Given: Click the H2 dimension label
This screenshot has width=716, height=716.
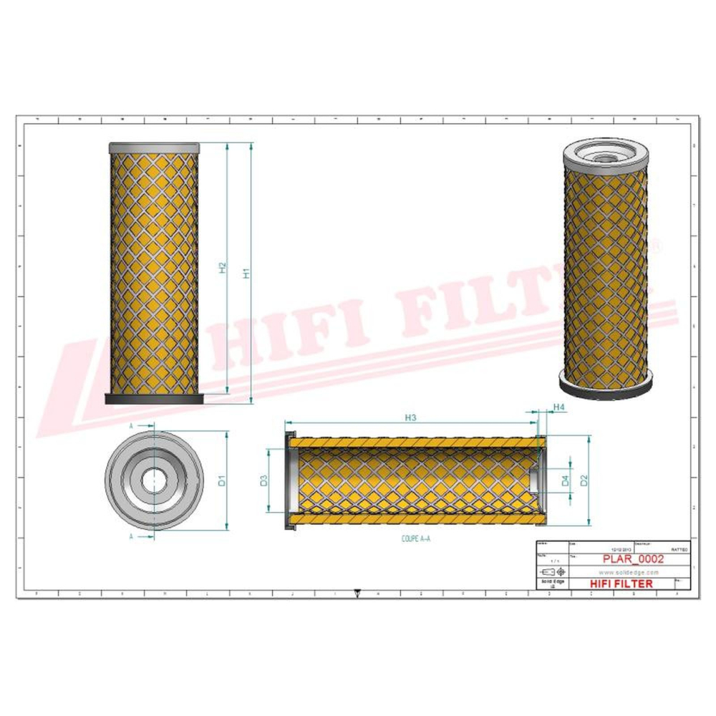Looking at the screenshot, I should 223,267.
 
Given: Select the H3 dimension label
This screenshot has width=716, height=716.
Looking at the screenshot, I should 411,417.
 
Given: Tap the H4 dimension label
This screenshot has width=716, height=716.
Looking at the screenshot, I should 560,407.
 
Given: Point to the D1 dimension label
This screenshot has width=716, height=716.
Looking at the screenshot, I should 222,480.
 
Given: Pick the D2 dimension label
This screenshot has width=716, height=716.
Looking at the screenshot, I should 584,480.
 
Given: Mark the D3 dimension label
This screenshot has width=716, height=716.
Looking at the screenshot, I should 263,480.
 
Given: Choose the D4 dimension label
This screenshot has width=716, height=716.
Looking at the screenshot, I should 565,480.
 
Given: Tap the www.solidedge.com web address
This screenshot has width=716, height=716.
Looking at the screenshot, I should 628,573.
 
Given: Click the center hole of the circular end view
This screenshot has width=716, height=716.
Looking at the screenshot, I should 151,480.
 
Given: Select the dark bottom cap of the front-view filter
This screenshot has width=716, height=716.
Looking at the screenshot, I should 155,399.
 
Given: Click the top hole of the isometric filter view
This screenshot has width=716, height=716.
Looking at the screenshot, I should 606,152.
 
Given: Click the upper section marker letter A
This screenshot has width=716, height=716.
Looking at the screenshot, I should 131,425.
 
